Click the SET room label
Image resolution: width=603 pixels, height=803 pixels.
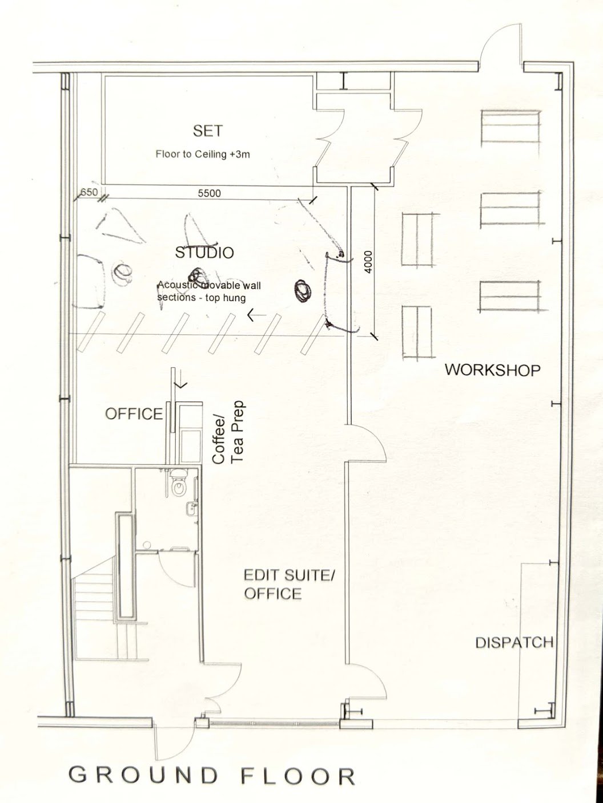coord(208,131)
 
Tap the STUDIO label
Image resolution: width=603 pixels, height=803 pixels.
coord(204,253)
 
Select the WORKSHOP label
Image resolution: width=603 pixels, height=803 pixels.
coord(492,370)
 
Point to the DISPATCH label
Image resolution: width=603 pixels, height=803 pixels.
coord(514,642)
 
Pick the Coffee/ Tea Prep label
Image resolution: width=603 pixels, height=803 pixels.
coord(228,433)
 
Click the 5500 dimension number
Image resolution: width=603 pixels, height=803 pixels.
coord(210,193)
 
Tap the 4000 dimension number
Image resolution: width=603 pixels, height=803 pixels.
coord(368,262)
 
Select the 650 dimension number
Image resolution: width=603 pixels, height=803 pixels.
coord(89,192)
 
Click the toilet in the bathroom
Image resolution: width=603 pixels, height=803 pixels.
coord(179,482)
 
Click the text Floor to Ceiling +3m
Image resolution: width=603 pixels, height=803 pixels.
coord(203,155)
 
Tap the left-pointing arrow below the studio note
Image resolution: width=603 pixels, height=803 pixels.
coord(256,315)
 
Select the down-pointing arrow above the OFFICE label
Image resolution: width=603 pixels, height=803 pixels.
coord(180,384)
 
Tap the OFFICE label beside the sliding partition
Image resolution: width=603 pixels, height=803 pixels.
coord(134,413)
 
